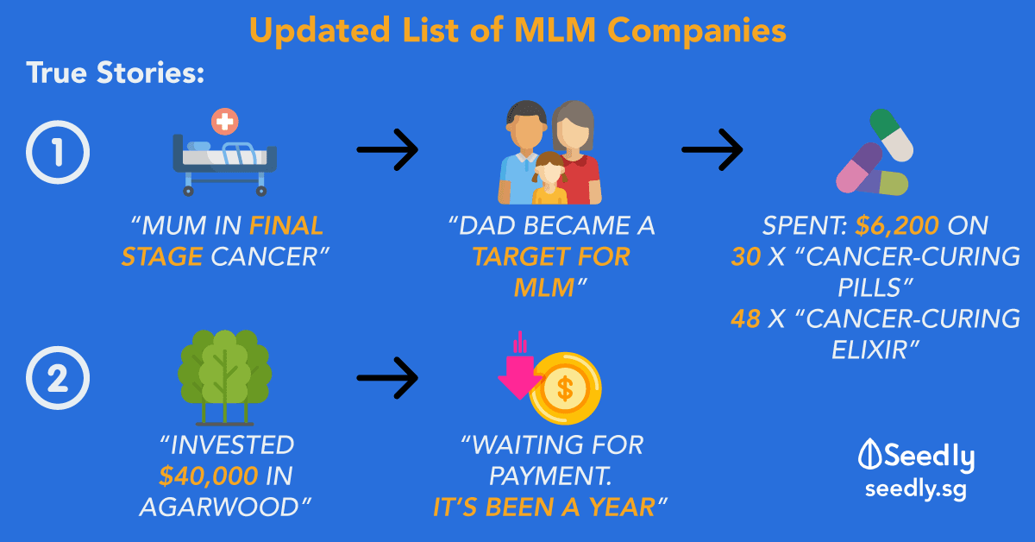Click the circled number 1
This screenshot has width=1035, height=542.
point(57,154)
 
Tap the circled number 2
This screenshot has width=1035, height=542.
point(57,379)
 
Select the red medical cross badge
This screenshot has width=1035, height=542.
point(226,122)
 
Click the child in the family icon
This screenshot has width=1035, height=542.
point(549,178)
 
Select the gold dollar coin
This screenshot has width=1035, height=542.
point(566,389)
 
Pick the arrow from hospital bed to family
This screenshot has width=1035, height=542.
point(387,152)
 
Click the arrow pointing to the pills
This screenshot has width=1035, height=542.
point(712,152)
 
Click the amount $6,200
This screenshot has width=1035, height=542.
point(891,226)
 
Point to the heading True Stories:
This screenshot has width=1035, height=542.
point(115,73)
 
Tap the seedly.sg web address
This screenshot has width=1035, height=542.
point(916,489)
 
